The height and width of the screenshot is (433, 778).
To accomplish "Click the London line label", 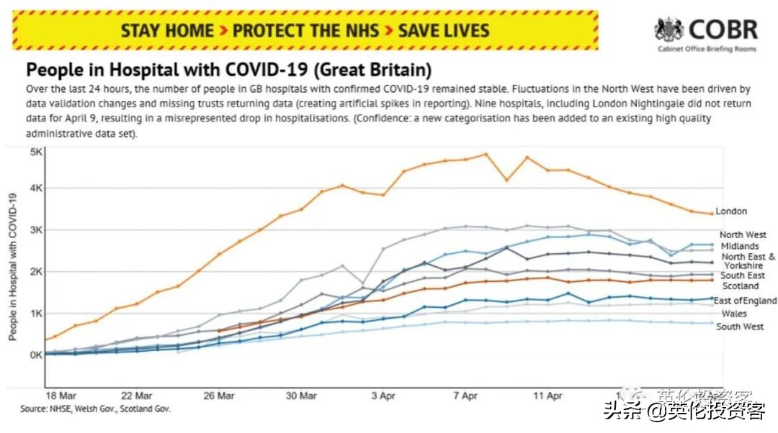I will click(730, 211).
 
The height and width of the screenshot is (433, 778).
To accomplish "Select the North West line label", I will click(743, 234).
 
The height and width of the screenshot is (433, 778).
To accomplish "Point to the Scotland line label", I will click(740, 286).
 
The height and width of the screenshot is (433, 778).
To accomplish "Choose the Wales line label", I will click(734, 314).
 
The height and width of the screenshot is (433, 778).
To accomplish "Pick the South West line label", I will click(740, 327).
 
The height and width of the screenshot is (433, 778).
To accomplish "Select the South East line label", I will click(743, 275).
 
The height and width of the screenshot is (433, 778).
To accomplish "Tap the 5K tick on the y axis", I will click(35, 152).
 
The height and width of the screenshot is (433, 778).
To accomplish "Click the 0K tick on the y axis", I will click(35, 355).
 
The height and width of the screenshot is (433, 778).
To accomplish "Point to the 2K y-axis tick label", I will click(35, 272).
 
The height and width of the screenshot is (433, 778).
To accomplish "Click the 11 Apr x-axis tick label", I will click(547, 396).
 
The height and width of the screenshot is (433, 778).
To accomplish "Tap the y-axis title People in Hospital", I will click(12, 266).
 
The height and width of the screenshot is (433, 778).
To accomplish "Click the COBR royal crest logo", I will click(669, 29).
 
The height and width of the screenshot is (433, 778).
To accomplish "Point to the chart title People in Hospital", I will click(228, 70).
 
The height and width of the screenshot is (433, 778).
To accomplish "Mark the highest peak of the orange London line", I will click(486, 154).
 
